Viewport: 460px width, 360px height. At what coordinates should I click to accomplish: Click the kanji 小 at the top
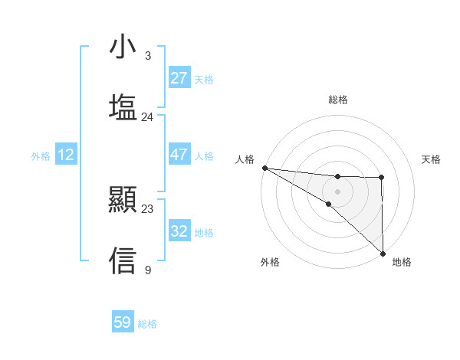(123, 47)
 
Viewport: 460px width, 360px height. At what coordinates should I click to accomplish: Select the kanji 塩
(123, 107)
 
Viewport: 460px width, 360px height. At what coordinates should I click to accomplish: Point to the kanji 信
(123, 260)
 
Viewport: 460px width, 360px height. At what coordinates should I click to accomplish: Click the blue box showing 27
(179, 78)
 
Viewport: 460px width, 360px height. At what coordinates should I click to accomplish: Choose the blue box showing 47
(179, 155)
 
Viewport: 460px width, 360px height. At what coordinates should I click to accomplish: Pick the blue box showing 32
(179, 231)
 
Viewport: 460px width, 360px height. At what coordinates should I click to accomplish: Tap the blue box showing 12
(66, 155)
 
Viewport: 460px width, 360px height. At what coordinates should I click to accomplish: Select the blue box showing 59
(123, 322)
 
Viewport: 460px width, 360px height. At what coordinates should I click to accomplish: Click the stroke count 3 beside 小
(148, 56)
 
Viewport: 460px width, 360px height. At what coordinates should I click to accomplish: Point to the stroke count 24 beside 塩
(148, 116)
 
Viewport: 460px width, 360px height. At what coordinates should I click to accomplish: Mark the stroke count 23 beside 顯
(148, 209)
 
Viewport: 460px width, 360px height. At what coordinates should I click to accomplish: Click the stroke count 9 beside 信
(148, 270)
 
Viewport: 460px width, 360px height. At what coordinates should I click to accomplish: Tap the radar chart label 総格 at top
(337, 100)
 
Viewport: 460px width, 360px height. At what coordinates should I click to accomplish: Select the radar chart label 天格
(432, 159)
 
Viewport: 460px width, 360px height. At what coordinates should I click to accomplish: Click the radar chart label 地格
(402, 263)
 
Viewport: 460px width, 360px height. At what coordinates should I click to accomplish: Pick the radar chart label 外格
(270, 263)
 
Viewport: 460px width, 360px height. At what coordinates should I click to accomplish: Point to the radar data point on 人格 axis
(264, 168)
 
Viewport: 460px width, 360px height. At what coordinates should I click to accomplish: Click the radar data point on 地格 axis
(382, 253)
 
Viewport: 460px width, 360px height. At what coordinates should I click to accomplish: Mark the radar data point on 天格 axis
(382, 178)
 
